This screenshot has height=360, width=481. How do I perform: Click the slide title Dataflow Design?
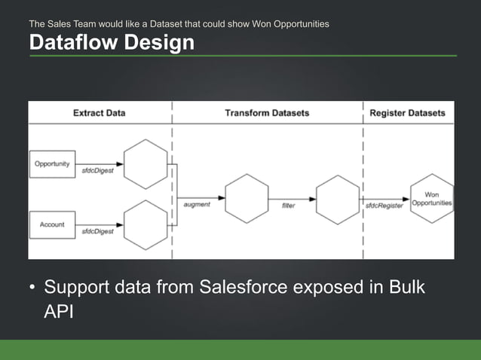(111, 44)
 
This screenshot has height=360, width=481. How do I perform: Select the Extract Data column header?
(99, 113)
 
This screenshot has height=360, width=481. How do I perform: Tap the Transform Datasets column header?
(267, 113)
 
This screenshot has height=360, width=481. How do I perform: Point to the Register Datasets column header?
(407, 113)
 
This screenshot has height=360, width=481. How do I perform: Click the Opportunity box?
(52, 163)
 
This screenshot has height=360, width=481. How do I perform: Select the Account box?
(52, 224)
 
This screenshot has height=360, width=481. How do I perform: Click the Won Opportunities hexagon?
(432, 199)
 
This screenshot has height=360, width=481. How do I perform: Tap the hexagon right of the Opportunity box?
(145, 164)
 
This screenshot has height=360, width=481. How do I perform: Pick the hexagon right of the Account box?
(145, 225)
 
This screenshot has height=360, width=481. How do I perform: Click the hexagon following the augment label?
(247, 198)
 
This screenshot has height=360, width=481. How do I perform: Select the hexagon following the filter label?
(337, 198)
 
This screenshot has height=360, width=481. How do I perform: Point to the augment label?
(197, 205)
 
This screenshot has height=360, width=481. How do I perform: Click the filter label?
(288, 205)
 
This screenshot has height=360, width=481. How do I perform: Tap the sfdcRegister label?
(384, 205)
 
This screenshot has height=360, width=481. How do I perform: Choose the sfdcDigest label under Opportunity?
(98, 171)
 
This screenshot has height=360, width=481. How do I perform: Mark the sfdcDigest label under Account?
(98, 232)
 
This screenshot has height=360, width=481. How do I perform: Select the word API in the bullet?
(58, 311)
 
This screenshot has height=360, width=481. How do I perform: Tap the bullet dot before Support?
(32, 289)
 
